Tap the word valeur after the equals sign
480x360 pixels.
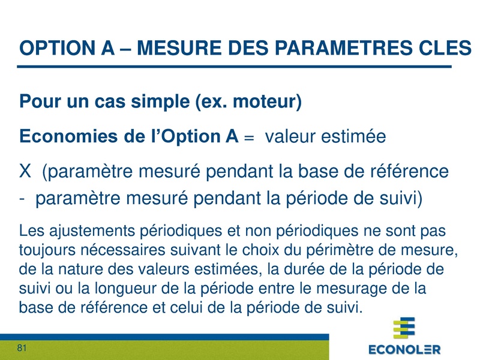(x=293, y=137)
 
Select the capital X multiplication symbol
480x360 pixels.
(x=25, y=172)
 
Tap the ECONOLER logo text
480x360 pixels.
(x=404, y=349)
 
